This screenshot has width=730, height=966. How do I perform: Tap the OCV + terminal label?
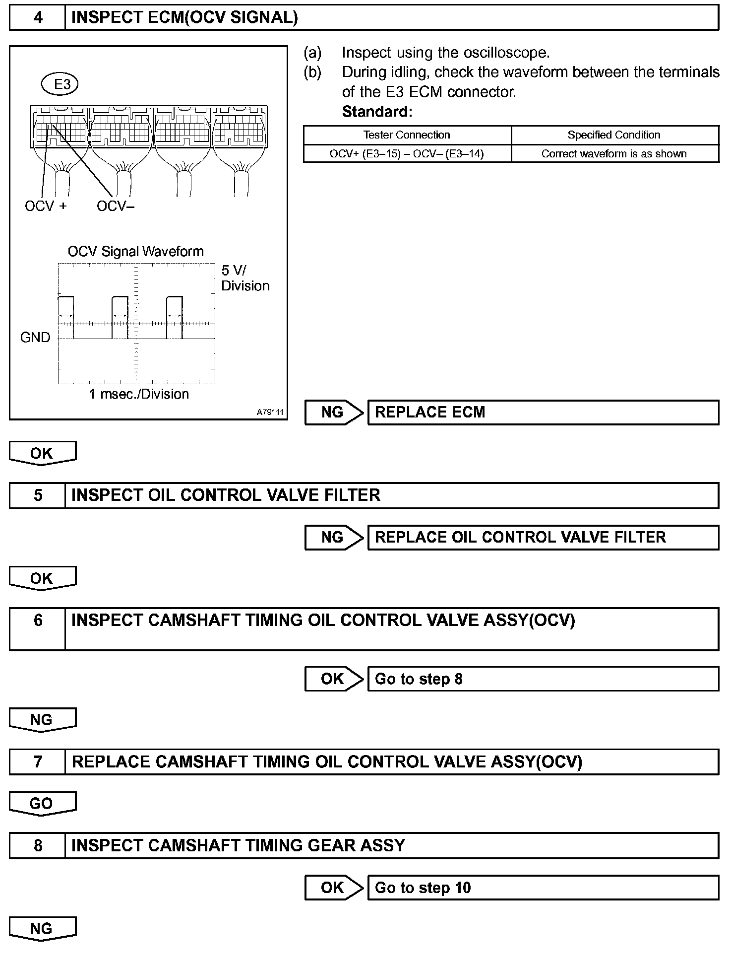pyautogui.click(x=46, y=206)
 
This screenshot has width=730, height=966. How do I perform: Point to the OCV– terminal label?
pyautogui.click(x=116, y=206)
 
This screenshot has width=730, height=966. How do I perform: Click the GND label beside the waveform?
pyautogui.click(x=35, y=338)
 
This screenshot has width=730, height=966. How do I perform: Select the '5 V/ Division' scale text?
pyautogui.click(x=245, y=278)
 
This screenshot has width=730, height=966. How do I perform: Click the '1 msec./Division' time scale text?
pyautogui.click(x=139, y=394)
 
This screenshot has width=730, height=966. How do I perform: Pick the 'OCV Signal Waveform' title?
pyautogui.click(x=135, y=251)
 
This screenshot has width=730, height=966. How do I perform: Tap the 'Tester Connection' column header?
pyautogui.click(x=407, y=135)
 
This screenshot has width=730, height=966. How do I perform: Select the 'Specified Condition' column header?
pyautogui.click(x=614, y=135)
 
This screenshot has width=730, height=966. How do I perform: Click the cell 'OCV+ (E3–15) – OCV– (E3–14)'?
pyautogui.click(x=407, y=154)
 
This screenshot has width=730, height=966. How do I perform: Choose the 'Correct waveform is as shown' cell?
pyautogui.click(x=614, y=154)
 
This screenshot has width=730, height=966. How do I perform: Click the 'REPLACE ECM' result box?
pyautogui.click(x=543, y=413)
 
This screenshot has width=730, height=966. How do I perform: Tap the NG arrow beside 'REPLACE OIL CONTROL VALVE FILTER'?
pyautogui.click(x=334, y=538)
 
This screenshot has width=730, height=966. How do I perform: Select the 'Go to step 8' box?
pyautogui.click(x=543, y=679)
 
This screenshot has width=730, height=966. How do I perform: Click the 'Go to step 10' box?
pyautogui.click(x=543, y=888)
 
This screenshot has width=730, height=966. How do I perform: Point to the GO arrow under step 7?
pyautogui.click(x=42, y=804)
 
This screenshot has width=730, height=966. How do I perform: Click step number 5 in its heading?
pyautogui.click(x=38, y=495)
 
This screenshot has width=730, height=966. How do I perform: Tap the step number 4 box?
pyautogui.click(x=38, y=18)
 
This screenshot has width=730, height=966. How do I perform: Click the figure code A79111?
pyautogui.click(x=270, y=412)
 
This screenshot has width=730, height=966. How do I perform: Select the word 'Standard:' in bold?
pyautogui.click(x=377, y=112)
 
